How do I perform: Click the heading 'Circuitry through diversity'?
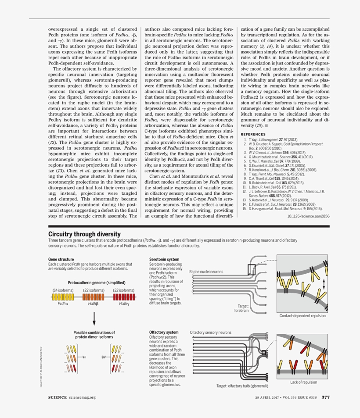(x=84, y=234)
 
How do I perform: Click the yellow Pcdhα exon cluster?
(x=63, y=297)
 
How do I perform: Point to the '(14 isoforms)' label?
(x=63, y=290)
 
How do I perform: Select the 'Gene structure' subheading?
(x=61, y=259)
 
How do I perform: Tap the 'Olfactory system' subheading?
(x=164, y=332)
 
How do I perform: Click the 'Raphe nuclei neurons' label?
(x=206, y=272)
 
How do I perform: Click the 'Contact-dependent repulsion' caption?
(x=302, y=315)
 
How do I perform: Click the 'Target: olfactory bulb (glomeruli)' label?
(x=242, y=386)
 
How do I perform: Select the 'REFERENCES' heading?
(x=253, y=134)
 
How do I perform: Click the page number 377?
(x=325, y=397)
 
